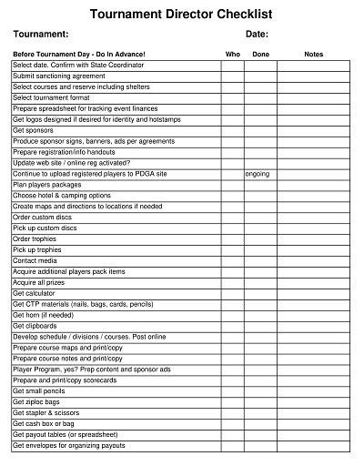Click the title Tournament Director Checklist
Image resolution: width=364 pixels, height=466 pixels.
[x=182, y=15]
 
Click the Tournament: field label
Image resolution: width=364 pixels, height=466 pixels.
[x=41, y=34]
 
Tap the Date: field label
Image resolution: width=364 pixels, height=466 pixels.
[x=257, y=34]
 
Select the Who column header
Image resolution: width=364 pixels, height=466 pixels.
[x=233, y=55]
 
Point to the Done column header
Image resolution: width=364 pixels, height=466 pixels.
[x=261, y=55]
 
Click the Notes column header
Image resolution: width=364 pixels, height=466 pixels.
[x=314, y=55]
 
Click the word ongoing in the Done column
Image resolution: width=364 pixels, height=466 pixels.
[x=258, y=173]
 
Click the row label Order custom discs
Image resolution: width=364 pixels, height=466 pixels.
[x=44, y=217]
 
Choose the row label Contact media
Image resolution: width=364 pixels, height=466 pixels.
[x=35, y=260]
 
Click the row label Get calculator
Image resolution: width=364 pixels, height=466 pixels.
[x=34, y=293]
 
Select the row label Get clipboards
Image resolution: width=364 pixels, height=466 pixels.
[x=35, y=326]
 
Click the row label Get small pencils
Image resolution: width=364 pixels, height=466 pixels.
[x=38, y=390]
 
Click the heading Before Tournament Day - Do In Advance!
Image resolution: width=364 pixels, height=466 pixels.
[x=79, y=55]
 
